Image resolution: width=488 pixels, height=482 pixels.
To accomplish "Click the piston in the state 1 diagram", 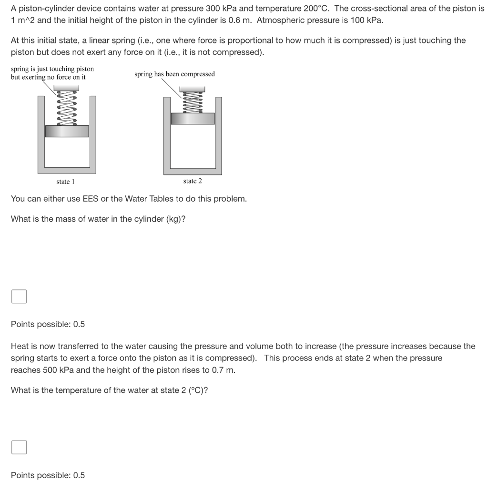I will pos(67,131).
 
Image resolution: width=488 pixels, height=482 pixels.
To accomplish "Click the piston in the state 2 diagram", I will pos(193,119).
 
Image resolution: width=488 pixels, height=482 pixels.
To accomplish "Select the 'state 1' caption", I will pos(65,182).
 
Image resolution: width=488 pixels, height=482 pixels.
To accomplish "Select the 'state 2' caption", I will pos(193,181).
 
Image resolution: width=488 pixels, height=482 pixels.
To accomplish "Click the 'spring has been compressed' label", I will pos(174,74).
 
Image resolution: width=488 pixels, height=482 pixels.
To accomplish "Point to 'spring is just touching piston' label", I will pos(52,69).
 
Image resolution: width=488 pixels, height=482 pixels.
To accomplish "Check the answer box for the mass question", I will pos(19,297).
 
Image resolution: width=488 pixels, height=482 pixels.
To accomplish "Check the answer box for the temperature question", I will pos(19,447).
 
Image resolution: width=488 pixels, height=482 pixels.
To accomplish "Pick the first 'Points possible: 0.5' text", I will pos(48,324).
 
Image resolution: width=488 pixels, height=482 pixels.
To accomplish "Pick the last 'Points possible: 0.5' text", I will pos(48,475).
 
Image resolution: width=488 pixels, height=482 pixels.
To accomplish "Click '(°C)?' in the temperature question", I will pos(194,390).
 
